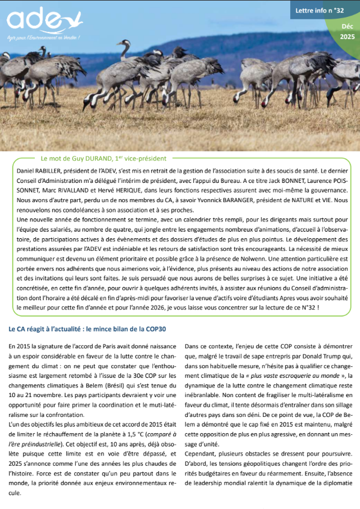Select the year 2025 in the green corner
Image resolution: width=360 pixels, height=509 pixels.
click(347, 36)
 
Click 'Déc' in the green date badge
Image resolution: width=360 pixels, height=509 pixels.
click(347, 27)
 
